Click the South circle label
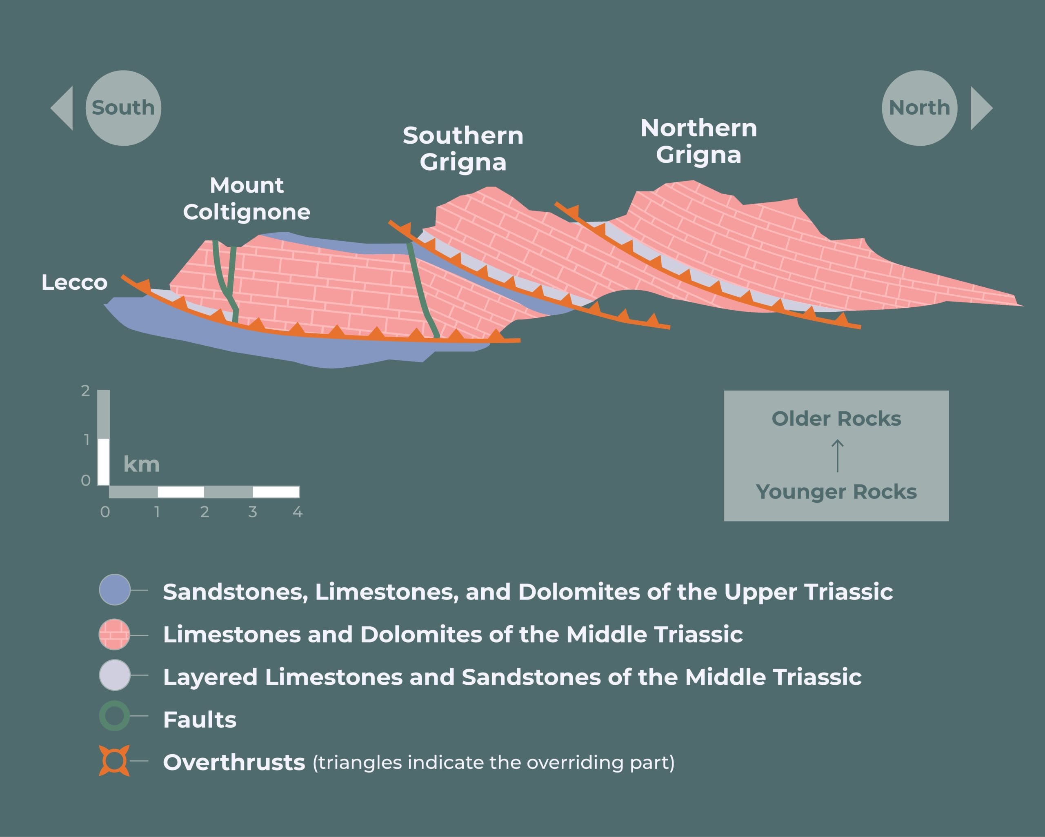(123, 108)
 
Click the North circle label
(919, 108)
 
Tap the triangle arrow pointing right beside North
(980, 108)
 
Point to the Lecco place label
(74, 282)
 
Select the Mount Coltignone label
(247, 199)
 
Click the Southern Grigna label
(463, 149)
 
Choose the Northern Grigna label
(698, 142)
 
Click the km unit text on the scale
(142, 464)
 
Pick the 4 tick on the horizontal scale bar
(298, 512)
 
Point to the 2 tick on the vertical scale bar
(86, 391)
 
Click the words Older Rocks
(836, 419)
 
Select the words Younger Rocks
(836, 492)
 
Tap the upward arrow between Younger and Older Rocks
(837, 455)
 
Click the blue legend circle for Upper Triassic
(115, 590)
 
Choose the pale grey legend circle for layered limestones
(115, 675)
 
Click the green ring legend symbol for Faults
(115, 716)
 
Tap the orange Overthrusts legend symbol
(114, 760)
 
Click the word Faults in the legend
(200, 720)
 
